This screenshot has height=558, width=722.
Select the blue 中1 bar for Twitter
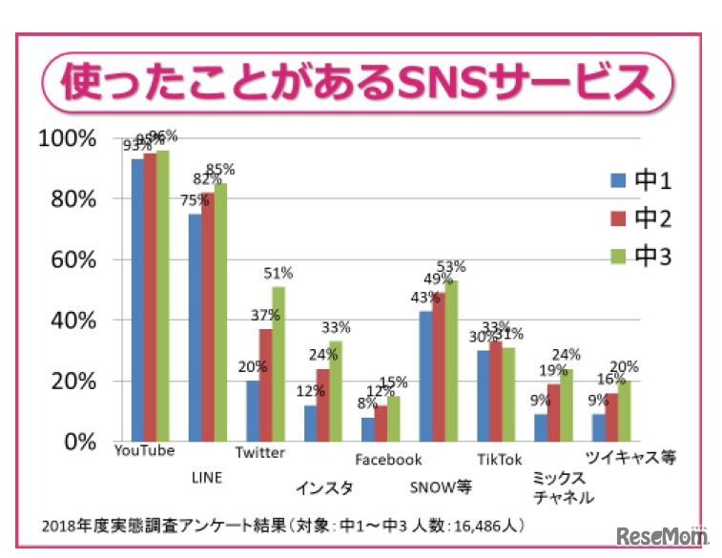click(x=253, y=411)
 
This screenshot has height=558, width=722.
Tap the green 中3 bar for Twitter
click(x=278, y=364)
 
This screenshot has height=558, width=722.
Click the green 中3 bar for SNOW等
click(x=450, y=361)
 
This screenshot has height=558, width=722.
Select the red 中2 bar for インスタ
click(x=322, y=405)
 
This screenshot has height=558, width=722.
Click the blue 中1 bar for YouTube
click(x=138, y=300)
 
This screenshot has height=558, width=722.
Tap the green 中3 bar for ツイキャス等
click(x=625, y=411)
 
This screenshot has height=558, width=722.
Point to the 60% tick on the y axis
click(x=68, y=259)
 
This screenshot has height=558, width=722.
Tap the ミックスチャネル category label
click(x=563, y=487)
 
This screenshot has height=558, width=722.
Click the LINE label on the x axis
click(x=207, y=474)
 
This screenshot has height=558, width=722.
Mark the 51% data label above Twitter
click(x=278, y=273)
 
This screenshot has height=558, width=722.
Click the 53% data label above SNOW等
click(x=450, y=266)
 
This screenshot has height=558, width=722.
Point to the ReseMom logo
click(x=661, y=535)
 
